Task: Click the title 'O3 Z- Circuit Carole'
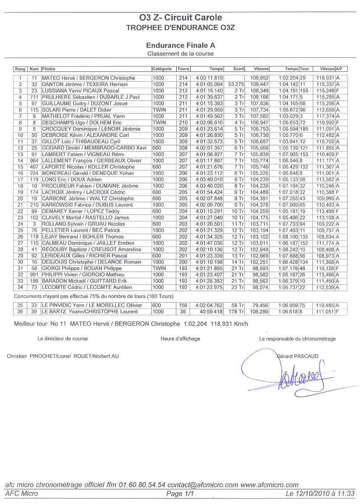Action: click(180, 18)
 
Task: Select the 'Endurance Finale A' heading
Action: click(180, 45)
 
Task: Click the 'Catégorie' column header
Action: click(162, 69)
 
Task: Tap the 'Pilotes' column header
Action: click(49, 69)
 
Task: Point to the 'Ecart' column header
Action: click(238, 69)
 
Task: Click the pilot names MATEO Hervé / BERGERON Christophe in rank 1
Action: click(88, 78)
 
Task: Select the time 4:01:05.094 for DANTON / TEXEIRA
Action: click(209, 84)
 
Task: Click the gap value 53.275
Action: click(236, 84)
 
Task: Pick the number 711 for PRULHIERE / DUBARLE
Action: click(34, 97)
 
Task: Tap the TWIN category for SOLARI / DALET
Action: click(159, 110)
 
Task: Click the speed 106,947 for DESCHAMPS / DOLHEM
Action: click(259, 123)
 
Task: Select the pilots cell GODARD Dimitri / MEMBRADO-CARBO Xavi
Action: click(94, 148)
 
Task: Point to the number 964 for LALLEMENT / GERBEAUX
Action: click(34, 161)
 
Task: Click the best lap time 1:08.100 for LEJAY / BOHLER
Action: click(288, 237)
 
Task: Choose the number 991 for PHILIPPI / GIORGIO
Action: click(34, 274)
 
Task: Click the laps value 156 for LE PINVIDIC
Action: click(183, 305)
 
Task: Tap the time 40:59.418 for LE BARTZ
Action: click(211, 312)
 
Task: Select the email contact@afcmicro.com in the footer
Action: click(203, 485)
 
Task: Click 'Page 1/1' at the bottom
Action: click(180, 494)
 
